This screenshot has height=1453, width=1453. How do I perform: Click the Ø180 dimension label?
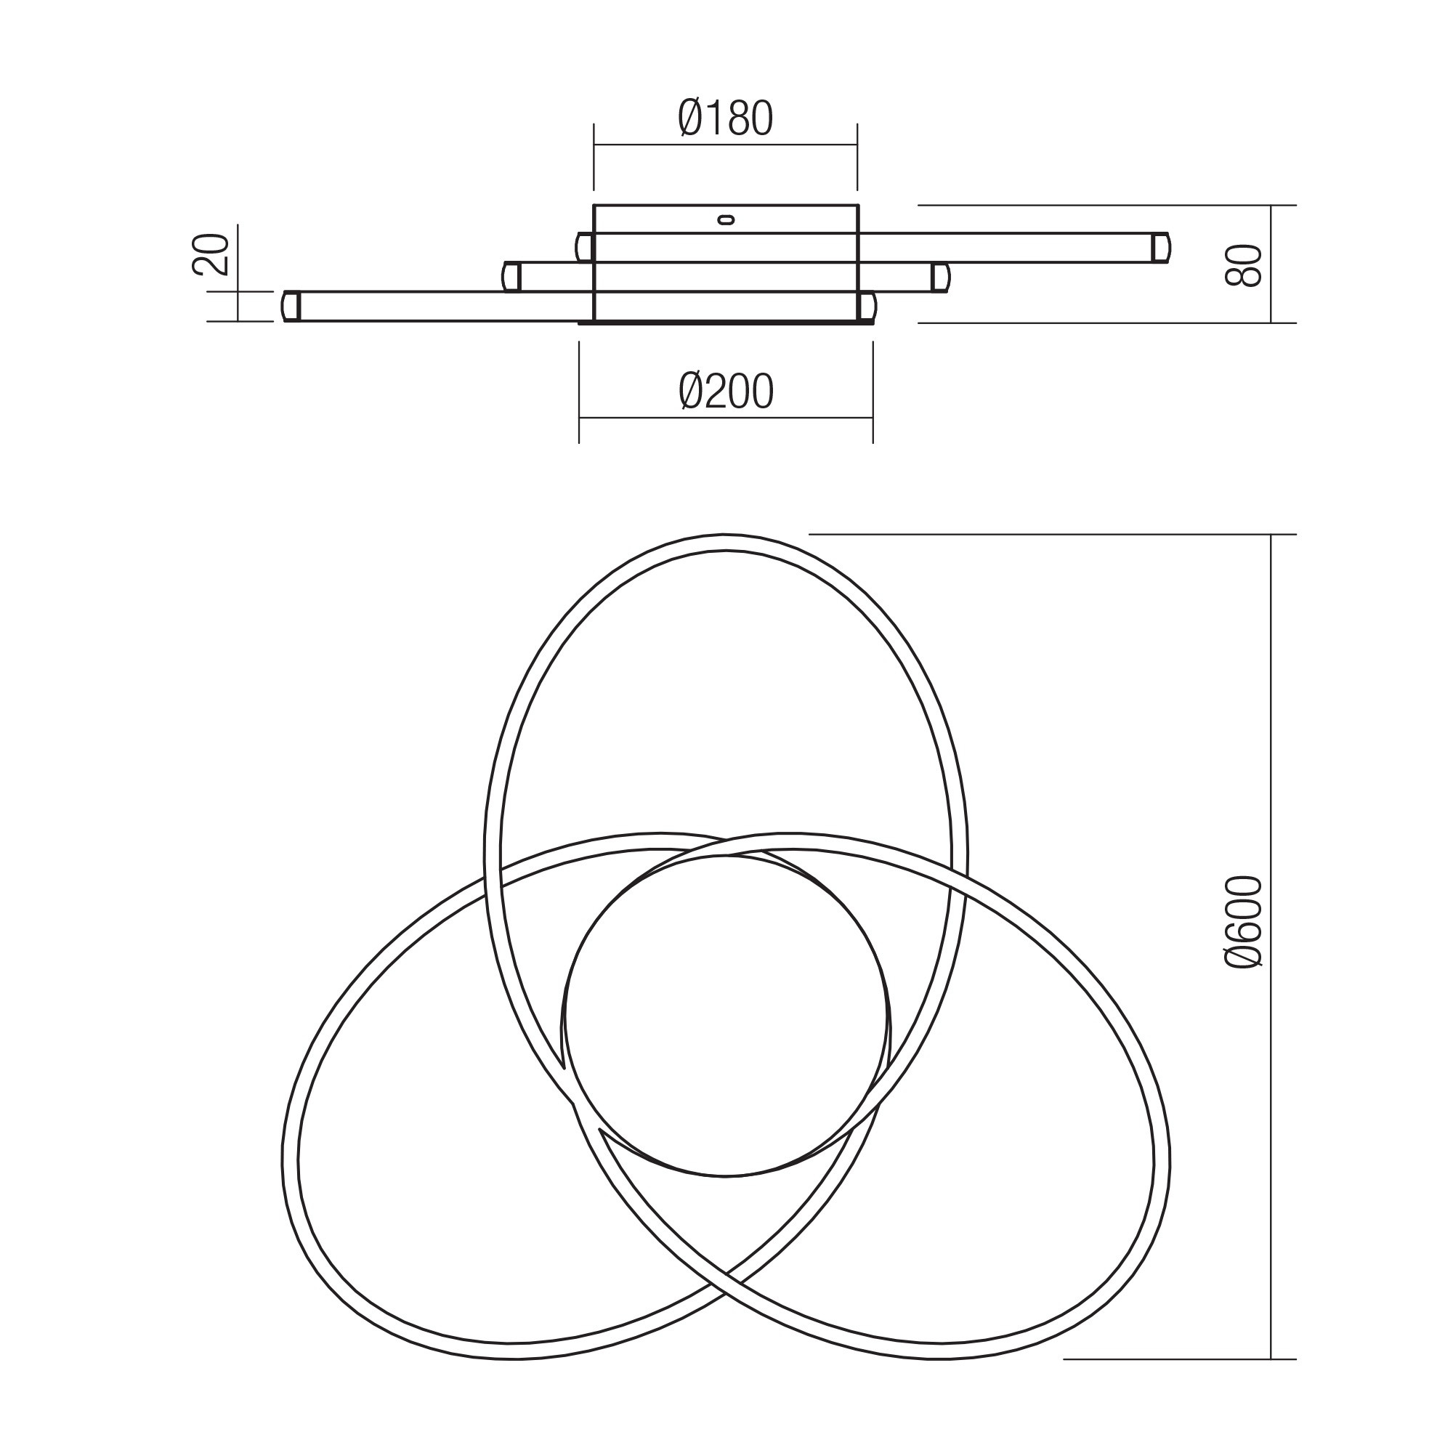tap(725, 119)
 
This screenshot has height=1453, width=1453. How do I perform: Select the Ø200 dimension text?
tap(726, 392)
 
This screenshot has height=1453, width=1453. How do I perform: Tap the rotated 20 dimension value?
tap(211, 255)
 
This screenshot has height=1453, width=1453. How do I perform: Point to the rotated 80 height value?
tap(1242, 264)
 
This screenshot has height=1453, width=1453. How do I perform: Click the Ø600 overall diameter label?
tap(1242, 921)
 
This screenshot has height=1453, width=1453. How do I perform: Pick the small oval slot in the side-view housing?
tap(726, 219)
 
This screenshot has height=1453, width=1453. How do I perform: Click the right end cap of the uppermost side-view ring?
tap(1161, 248)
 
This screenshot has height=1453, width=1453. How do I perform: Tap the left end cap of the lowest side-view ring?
tap(291, 307)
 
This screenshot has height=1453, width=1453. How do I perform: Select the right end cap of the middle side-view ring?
tap(940, 278)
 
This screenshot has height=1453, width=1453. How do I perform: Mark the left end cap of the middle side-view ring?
tap(511, 278)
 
